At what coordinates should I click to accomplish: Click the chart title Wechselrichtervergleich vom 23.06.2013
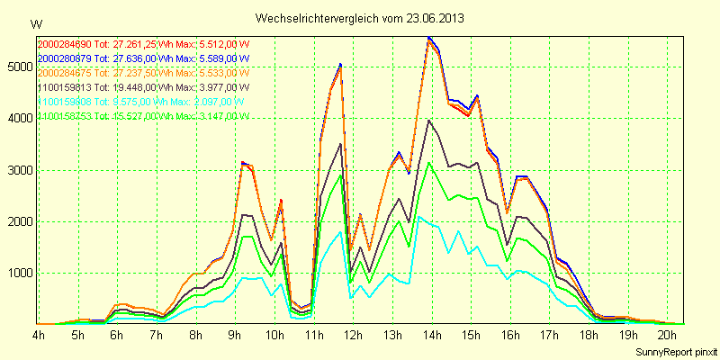[x=360, y=18]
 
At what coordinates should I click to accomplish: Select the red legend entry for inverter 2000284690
[x=143, y=43]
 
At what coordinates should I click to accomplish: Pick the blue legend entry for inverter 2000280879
[x=143, y=58]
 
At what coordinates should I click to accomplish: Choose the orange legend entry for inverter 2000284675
[x=143, y=72]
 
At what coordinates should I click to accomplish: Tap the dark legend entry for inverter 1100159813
[x=143, y=87]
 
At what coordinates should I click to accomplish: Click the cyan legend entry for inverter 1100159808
[x=143, y=102]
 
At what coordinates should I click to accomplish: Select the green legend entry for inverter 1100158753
[x=143, y=116]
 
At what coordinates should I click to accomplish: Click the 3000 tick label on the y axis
[x=18, y=169]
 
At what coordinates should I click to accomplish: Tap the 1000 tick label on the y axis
[x=18, y=273]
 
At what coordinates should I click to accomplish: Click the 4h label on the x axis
[x=39, y=335]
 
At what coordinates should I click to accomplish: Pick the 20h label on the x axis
[x=665, y=335]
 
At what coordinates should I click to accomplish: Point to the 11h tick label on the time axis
[x=313, y=335]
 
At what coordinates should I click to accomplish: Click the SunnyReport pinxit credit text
[x=676, y=349]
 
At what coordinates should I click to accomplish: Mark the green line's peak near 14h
[x=429, y=162]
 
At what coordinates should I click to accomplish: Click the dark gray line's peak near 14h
[x=429, y=120]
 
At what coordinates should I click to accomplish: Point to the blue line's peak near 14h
[x=429, y=37]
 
